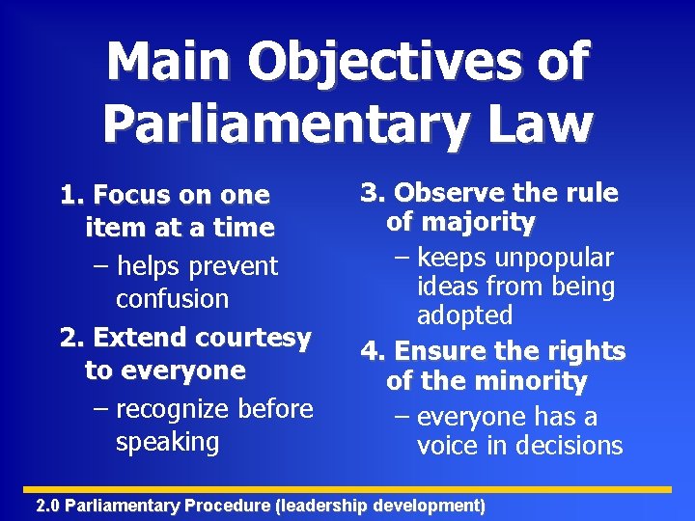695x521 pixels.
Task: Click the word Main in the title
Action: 169,63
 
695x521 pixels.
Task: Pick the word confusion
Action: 172,299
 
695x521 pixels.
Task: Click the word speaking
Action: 168,443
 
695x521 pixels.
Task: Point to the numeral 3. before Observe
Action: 374,193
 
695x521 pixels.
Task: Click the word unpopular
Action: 554,258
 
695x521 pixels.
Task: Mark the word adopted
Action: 464,315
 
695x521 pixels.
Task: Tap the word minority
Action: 529,382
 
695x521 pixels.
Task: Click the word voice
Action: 449,446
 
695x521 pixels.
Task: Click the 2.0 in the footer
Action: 47,506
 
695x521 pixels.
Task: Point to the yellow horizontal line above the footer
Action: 347,490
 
